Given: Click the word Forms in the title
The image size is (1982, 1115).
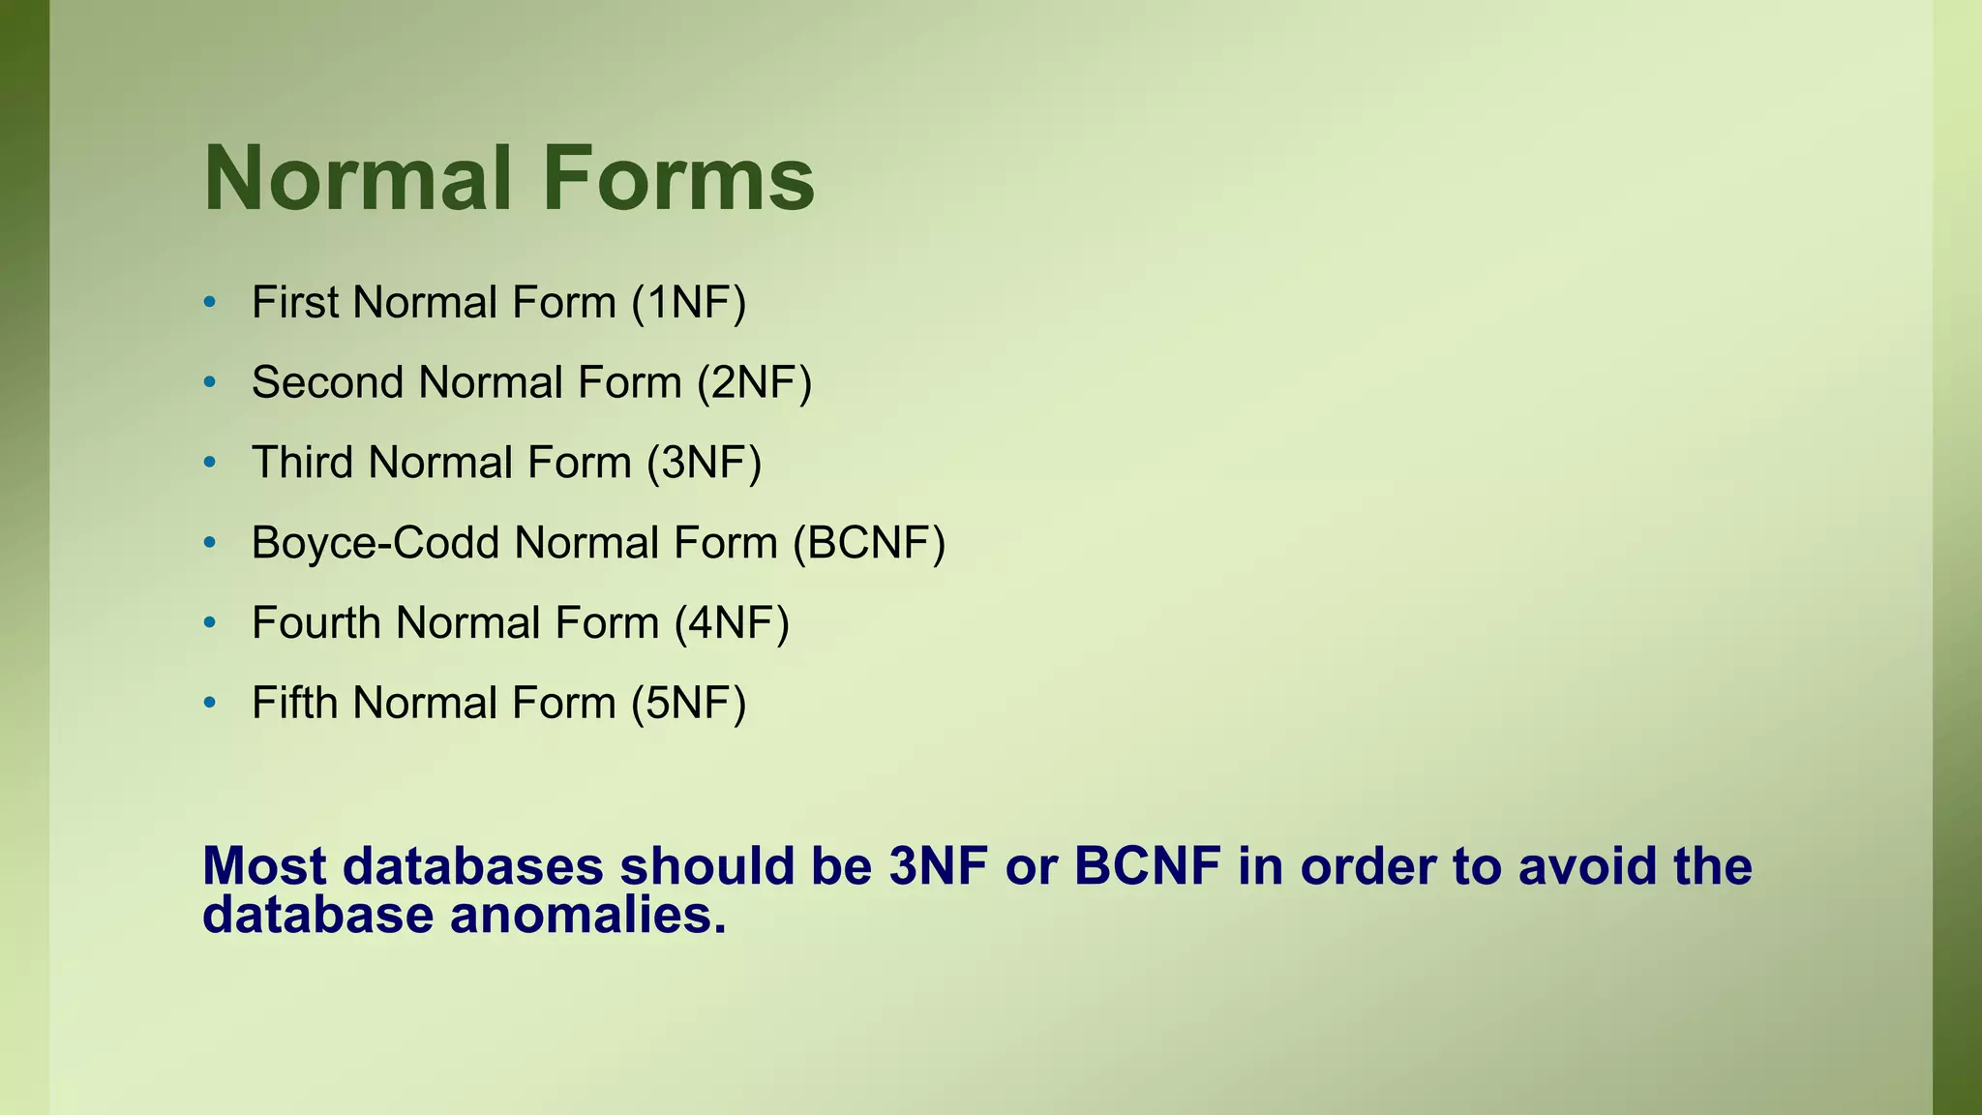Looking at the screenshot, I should (x=678, y=179).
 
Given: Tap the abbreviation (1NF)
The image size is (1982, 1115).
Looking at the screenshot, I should (x=689, y=302).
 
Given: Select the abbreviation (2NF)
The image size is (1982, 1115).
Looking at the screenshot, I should (x=754, y=382).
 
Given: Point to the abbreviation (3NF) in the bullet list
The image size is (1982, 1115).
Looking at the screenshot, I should (x=705, y=463).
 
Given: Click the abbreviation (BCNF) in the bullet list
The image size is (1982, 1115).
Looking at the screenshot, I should (x=868, y=543).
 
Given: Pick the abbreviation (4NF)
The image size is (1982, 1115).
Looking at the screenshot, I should (x=732, y=623).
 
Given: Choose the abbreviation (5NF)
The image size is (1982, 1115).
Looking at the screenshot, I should (x=689, y=704).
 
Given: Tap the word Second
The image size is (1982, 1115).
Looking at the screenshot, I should (x=327, y=382).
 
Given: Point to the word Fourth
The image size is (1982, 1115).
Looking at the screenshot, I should (x=316, y=623).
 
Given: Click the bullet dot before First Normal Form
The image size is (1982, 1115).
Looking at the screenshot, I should (x=210, y=303).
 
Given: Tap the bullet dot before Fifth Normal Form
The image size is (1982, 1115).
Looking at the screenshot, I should (x=210, y=704).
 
